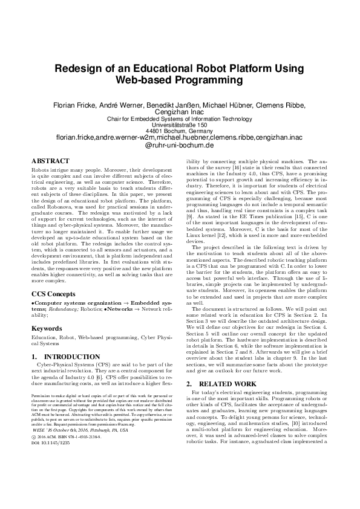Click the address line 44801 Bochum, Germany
coord(180,131)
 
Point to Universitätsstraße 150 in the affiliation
coord(180,125)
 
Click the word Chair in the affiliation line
coord(115,118)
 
